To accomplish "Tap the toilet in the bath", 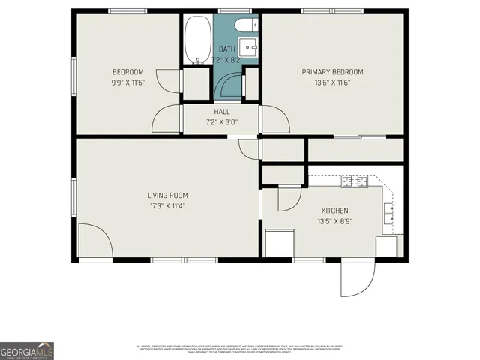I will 246,27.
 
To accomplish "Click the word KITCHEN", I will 334,211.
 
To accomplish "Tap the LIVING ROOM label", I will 167,196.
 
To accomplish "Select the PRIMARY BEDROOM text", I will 332,72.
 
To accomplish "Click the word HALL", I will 201,112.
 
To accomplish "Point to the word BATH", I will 226,49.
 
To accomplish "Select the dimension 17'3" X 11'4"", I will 167,206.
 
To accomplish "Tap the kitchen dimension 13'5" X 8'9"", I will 334,221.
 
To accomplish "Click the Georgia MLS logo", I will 26,351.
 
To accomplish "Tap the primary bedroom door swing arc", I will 273,118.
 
